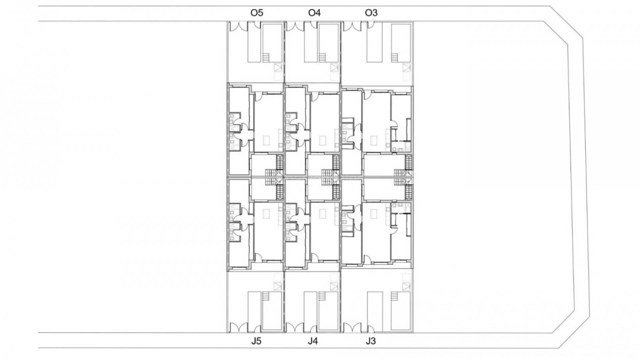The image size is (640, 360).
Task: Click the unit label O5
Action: coord(257,13)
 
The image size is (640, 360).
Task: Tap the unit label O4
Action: coord(314,13)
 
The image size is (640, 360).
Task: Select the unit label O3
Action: coord(371,13)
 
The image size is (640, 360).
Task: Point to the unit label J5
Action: coord(256,341)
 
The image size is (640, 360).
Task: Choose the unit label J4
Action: coord(313,341)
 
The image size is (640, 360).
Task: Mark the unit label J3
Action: coord(370,341)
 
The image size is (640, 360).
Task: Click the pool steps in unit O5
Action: coord(266,58)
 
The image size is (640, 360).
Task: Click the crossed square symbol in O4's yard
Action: coord(334,68)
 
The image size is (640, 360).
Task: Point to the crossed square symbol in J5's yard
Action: coord(278,286)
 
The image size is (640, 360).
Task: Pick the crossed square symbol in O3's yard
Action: coord(406,68)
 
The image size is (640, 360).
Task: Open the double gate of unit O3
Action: coord(352,26)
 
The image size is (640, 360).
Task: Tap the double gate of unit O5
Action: coord(238,26)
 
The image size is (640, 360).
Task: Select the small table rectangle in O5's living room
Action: coord(266,140)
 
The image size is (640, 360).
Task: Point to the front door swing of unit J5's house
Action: coord(258,257)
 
